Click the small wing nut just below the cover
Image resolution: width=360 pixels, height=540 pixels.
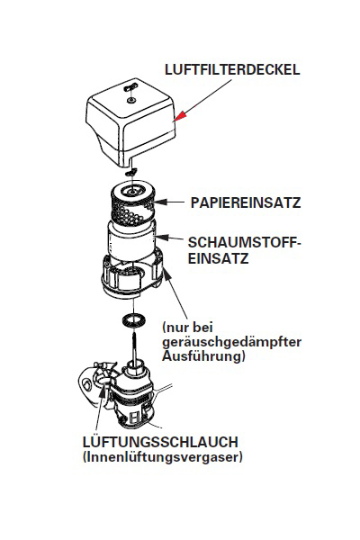(131, 170)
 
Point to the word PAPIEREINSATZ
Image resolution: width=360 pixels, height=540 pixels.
(244, 204)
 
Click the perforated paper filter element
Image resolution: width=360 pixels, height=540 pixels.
(131, 206)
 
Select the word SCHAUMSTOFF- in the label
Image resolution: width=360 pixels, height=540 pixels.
(247, 242)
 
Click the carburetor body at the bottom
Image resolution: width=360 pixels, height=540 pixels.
(135, 401)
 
